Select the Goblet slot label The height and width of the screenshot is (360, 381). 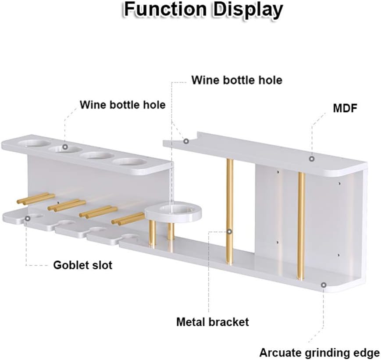pos(83,265)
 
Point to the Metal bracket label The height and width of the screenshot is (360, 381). pos(212,322)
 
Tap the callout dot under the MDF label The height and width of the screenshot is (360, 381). pos(312,159)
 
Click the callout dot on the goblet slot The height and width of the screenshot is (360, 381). pos(28,217)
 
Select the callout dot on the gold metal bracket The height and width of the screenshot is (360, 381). pos(229,231)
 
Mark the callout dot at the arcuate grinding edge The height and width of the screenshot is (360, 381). pos(323,285)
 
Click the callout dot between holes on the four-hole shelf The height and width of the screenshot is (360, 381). pos(65,147)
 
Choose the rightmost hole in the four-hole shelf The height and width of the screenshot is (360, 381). pos(129,162)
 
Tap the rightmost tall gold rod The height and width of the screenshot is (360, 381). pos(301,225)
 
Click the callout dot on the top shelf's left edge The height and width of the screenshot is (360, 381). pos(186,141)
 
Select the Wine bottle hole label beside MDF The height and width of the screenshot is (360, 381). pos(237,80)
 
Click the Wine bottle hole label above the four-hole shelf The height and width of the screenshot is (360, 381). pos(122,105)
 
